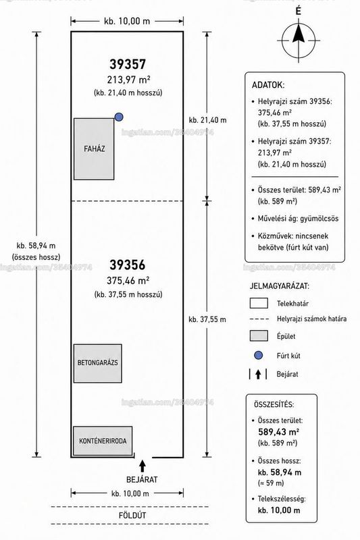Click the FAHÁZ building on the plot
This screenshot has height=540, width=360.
pos(94,148)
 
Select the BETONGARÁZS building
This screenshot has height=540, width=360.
pos(97,363)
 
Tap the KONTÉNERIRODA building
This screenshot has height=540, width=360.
pos(103,441)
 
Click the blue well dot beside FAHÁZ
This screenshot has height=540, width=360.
pos(119,117)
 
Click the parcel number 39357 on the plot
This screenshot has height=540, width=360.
pos(128,64)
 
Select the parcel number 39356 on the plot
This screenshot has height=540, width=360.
pos(128,265)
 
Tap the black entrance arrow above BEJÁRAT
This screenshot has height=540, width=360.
pos(143,466)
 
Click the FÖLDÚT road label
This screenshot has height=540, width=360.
pos(132,516)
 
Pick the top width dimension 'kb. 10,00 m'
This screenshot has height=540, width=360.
pos(127,22)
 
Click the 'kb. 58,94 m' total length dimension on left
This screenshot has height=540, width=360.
pos(36,246)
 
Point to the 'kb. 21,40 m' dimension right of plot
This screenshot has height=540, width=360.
pos(208,120)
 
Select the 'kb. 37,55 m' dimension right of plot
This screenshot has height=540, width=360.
pos(207,319)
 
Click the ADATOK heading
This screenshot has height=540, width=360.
pos(268,85)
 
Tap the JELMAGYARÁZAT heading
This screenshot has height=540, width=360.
pos(280,286)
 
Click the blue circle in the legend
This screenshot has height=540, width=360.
pos(259,356)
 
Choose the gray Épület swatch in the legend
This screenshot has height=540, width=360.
pos(259,335)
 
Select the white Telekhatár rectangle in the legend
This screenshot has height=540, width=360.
pos(259,303)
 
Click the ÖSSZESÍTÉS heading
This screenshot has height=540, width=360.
pos(274,404)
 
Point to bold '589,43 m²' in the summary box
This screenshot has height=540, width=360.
pos(278,432)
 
